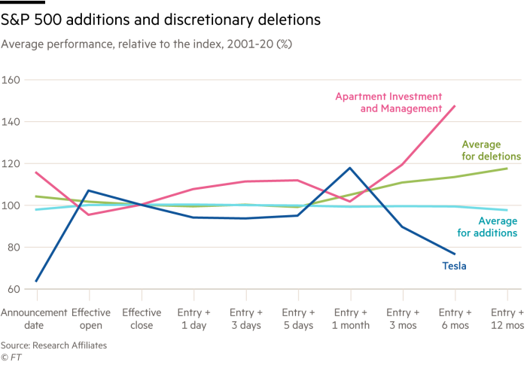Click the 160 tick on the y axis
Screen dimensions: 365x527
tap(11, 79)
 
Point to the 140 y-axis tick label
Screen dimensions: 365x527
tap(11, 121)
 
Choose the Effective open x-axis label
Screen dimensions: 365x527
tap(90, 318)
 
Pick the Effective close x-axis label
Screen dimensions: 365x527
tap(142, 318)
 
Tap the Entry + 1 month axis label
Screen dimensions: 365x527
tap(350, 318)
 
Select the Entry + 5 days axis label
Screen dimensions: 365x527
tap(298, 318)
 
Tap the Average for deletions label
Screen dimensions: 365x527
tap(489, 150)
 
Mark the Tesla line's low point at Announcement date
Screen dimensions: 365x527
tap(36, 281)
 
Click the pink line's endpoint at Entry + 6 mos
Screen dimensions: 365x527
tap(455, 106)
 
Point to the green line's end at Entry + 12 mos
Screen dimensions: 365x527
tap(507, 168)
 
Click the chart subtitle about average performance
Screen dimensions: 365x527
tap(147, 44)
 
